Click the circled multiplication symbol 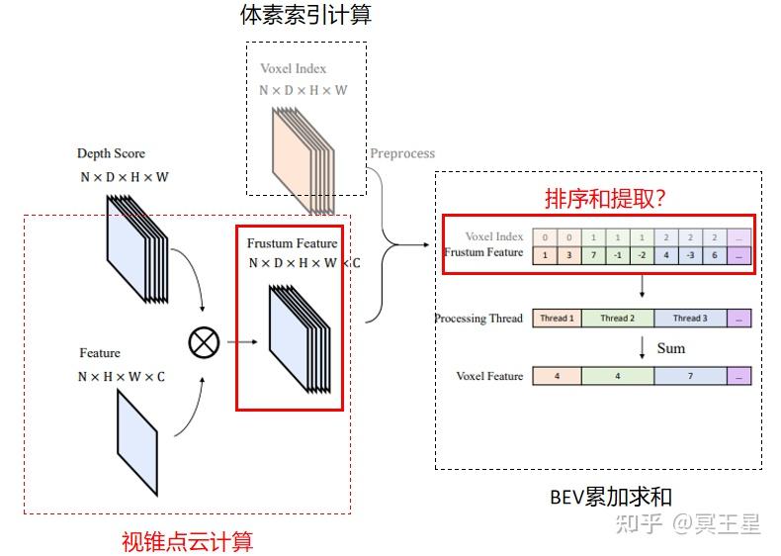click(204, 342)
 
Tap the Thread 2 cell click(617, 319)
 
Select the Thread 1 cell click(556, 319)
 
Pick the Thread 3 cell click(689, 319)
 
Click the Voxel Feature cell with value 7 click(689, 376)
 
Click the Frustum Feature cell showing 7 click(592, 255)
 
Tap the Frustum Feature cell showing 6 click(714, 255)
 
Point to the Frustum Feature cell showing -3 click(689, 255)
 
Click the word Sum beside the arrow click(670, 348)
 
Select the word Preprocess click(401, 153)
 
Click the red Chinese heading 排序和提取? click(604, 198)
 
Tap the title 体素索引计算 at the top click(305, 15)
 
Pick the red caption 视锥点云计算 click(187, 541)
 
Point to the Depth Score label click(111, 153)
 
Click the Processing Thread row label click(478, 319)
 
